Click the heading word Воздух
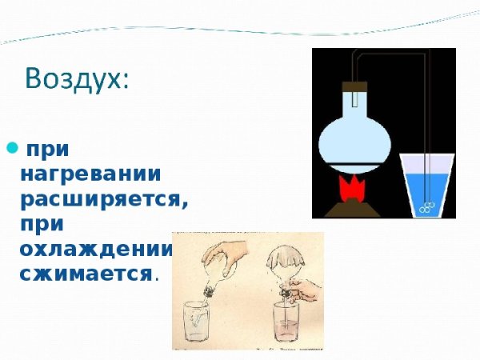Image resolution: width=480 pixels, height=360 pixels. pyautogui.click(x=76, y=80)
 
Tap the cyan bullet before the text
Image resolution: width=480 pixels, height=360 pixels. pyautogui.click(x=12, y=147)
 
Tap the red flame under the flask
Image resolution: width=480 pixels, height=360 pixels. pyautogui.click(x=351, y=190)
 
